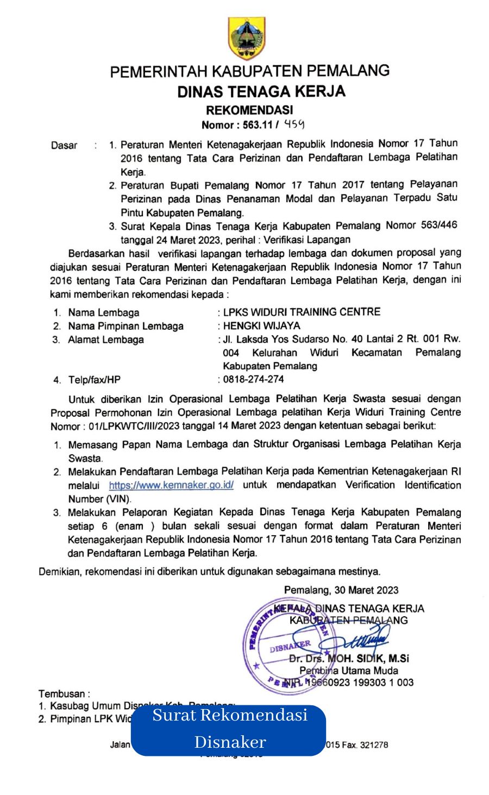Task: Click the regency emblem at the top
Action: point(247,37)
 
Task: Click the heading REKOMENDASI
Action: point(249,110)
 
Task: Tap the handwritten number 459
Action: point(294,124)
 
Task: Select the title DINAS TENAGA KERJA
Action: point(261,91)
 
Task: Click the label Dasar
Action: point(64,145)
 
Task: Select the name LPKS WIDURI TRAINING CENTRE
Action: point(302,312)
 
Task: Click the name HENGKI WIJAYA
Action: point(262,326)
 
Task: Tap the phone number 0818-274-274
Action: point(253,379)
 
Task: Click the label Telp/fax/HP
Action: point(95,380)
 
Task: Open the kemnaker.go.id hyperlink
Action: point(171,485)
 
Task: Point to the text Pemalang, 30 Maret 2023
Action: point(341,590)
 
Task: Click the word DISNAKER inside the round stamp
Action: point(290,646)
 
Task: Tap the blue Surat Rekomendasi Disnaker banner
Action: point(229,730)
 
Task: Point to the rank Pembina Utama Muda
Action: point(348,671)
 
